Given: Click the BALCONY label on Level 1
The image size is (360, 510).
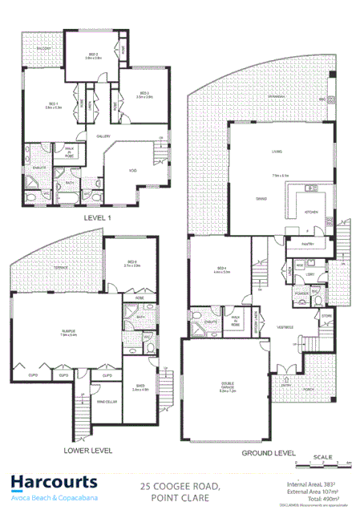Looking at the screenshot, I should pyautogui.click(x=41, y=49).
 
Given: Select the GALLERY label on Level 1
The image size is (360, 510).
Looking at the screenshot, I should pyautogui.click(x=104, y=136).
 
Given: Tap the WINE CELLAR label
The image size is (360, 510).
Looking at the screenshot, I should pyautogui.click(x=107, y=399).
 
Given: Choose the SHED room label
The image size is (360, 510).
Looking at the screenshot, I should pyautogui.click(x=140, y=387).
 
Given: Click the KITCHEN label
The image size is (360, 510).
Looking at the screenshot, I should pyautogui.click(x=313, y=212).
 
